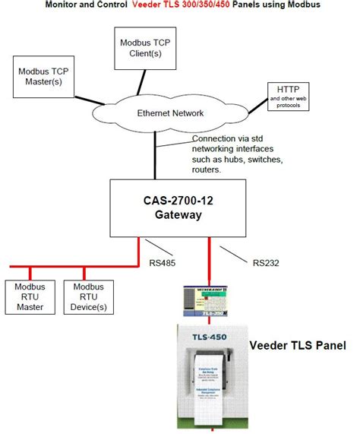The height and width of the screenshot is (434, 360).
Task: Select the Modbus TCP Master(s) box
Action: click(x=43, y=75)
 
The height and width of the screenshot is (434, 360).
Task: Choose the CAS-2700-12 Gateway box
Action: click(x=175, y=207)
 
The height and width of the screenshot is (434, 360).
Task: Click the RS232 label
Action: click(x=267, y=263)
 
